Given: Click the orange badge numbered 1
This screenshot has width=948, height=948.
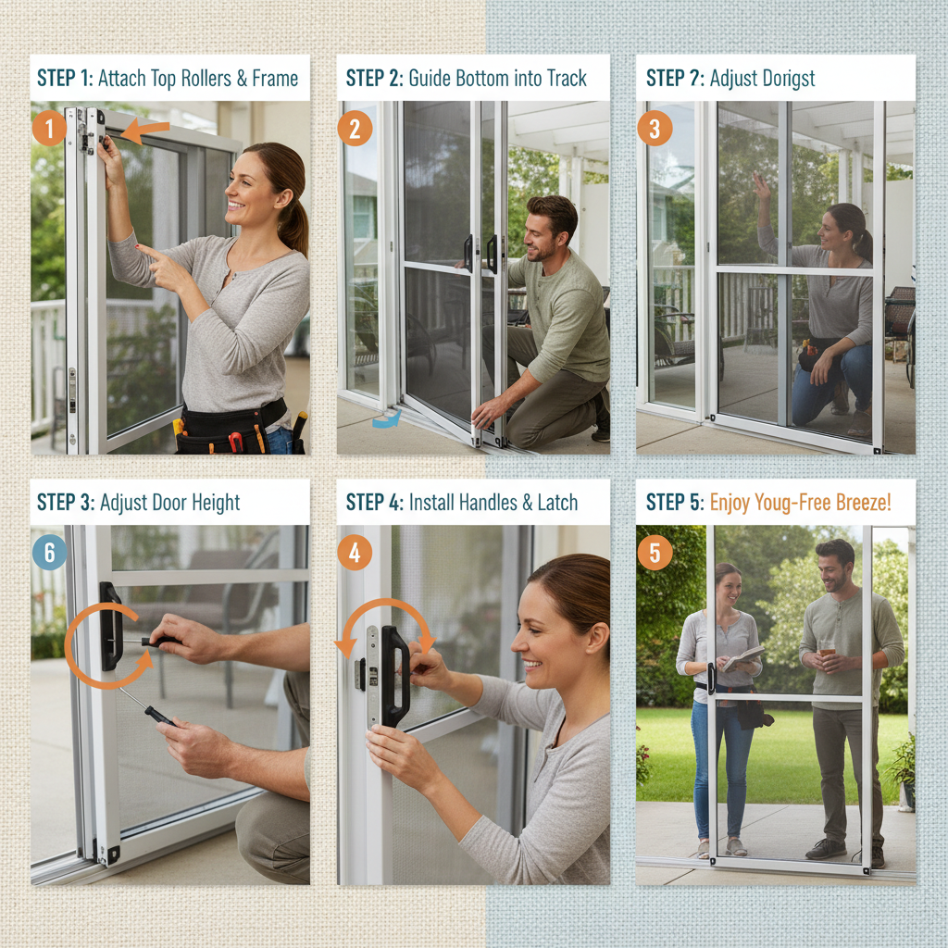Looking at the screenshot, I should coord(49,128).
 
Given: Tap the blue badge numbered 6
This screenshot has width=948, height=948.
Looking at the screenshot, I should coord(49,553).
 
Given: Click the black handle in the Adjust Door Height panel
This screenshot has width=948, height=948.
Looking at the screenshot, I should coord(110,626).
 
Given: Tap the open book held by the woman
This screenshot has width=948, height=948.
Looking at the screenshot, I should coord(744,658).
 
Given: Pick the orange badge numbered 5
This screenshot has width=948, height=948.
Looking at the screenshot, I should coord(655,553).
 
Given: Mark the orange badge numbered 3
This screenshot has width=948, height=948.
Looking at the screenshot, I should coord(655,128).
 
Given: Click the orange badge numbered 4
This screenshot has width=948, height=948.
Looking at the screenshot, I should coord(355,553).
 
